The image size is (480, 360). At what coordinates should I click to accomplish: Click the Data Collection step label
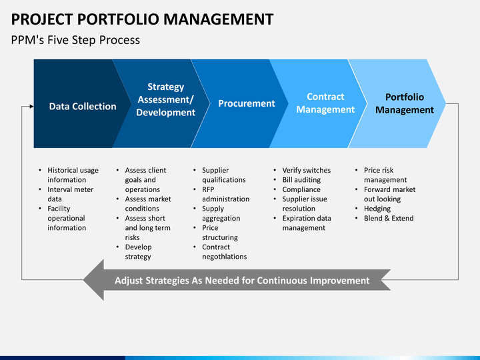[x=83, y=106]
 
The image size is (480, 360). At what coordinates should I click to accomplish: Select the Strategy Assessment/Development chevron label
[x=165, y=99]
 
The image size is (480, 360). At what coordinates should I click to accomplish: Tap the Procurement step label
[x=247, y=103]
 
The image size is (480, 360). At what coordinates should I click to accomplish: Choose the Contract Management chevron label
[x=325, y=103]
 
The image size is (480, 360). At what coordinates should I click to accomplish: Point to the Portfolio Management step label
[x=405, y=103]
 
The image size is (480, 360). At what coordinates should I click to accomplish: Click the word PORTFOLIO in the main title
[x=118, y=19]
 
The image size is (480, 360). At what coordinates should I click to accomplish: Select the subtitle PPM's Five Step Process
[x=75, y=40]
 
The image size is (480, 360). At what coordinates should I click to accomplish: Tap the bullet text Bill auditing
[x=301, y=180]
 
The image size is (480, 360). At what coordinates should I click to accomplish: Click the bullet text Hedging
[x=377, y=209]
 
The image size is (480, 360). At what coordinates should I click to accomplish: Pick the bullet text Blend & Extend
[x=389, y=218]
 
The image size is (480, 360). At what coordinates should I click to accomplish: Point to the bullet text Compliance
[x=301, y=189]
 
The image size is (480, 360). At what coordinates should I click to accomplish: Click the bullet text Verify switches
[x=307, y=170]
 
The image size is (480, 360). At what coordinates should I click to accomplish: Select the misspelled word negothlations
[x=225, y=257]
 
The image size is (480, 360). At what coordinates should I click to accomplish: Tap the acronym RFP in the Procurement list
[x=208, y=189]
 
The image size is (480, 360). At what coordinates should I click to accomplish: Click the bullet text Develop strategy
[x=139, y=251]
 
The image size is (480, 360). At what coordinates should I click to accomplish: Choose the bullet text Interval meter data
[x=71, y=194]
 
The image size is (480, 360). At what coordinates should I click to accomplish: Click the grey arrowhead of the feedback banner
[x=94, y=280]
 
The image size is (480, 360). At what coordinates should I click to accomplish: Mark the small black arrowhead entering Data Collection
[x=31, y=106]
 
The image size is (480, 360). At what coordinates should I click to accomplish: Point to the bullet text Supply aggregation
[x=221, y=213]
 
